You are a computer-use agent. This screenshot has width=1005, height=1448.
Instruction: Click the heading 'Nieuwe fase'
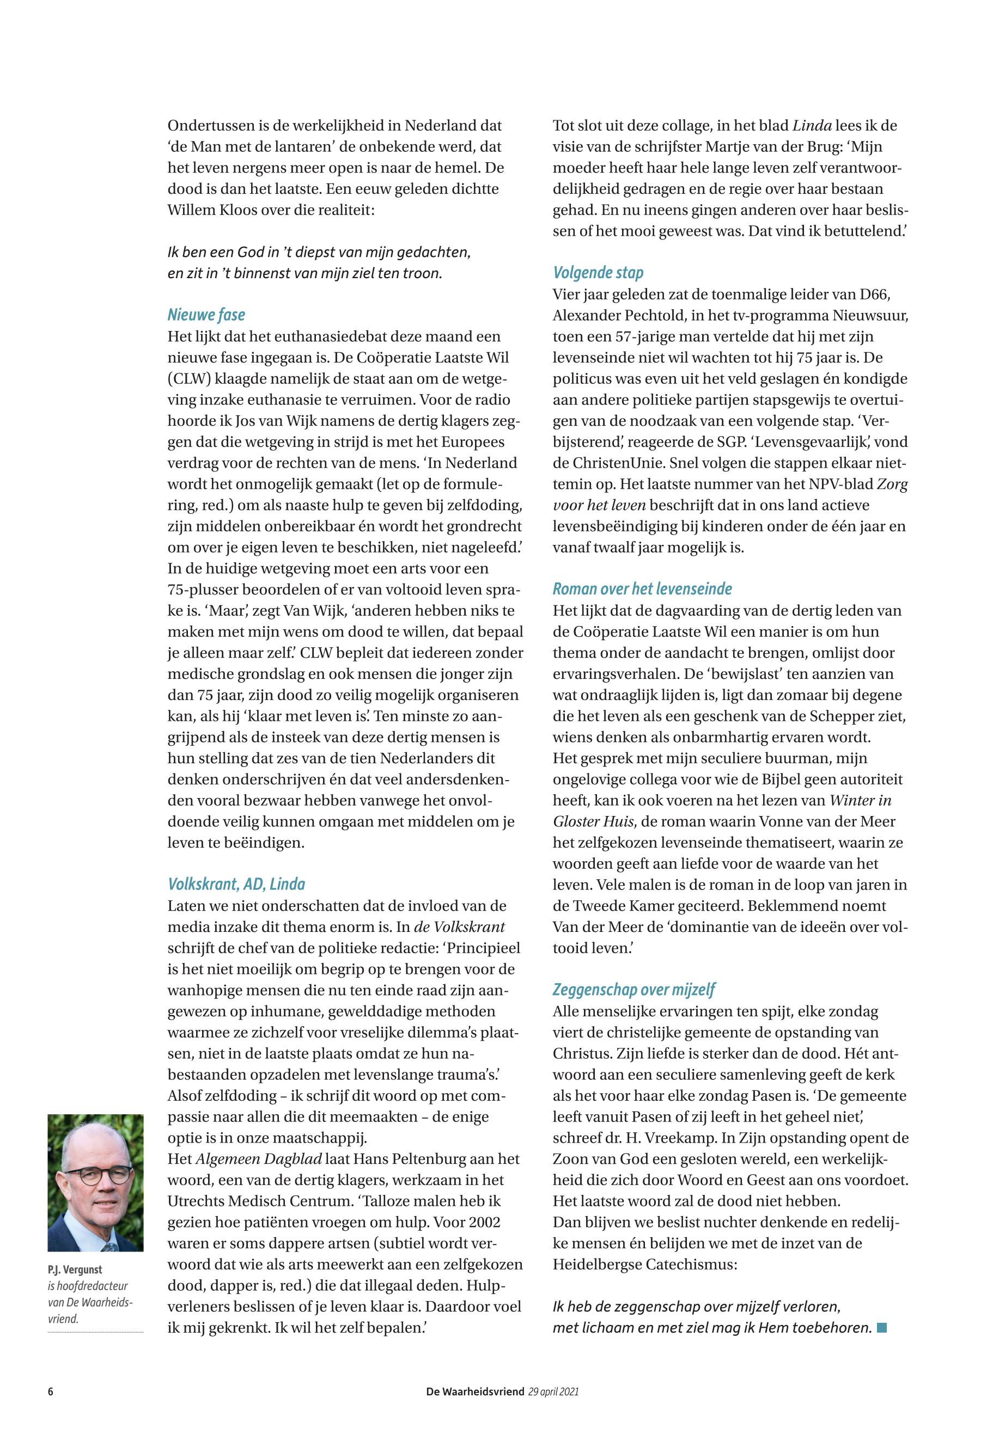206,315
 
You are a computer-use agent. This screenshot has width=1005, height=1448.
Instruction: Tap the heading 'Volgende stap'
598,273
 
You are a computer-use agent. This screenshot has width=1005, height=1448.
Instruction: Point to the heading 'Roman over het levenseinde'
642,589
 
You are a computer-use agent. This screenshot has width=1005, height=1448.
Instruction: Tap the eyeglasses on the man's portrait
98,1175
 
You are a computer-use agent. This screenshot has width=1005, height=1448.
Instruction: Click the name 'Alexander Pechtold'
621,315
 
